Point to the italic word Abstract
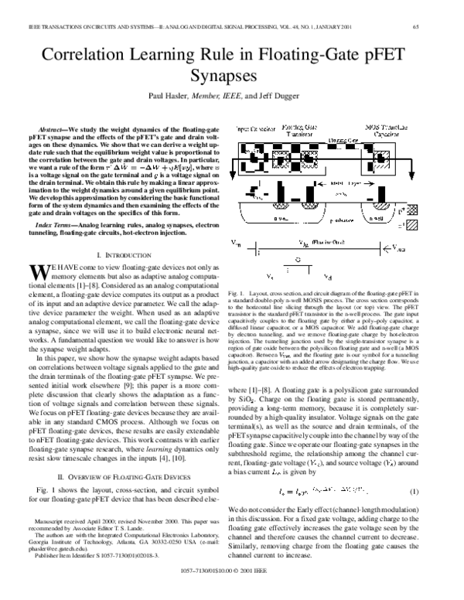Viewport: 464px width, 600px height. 51,126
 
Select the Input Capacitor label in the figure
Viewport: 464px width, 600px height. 249,124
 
